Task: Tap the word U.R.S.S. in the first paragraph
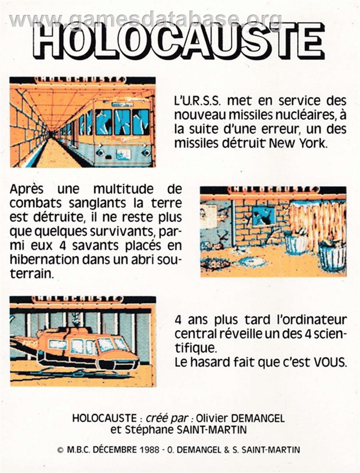click(198, 101)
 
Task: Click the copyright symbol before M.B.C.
click(60, 450)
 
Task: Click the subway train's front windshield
click(122, 122)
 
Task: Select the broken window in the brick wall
click(264, 215)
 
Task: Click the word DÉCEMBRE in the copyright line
click(111, 449)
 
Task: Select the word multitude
click(123, 190)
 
